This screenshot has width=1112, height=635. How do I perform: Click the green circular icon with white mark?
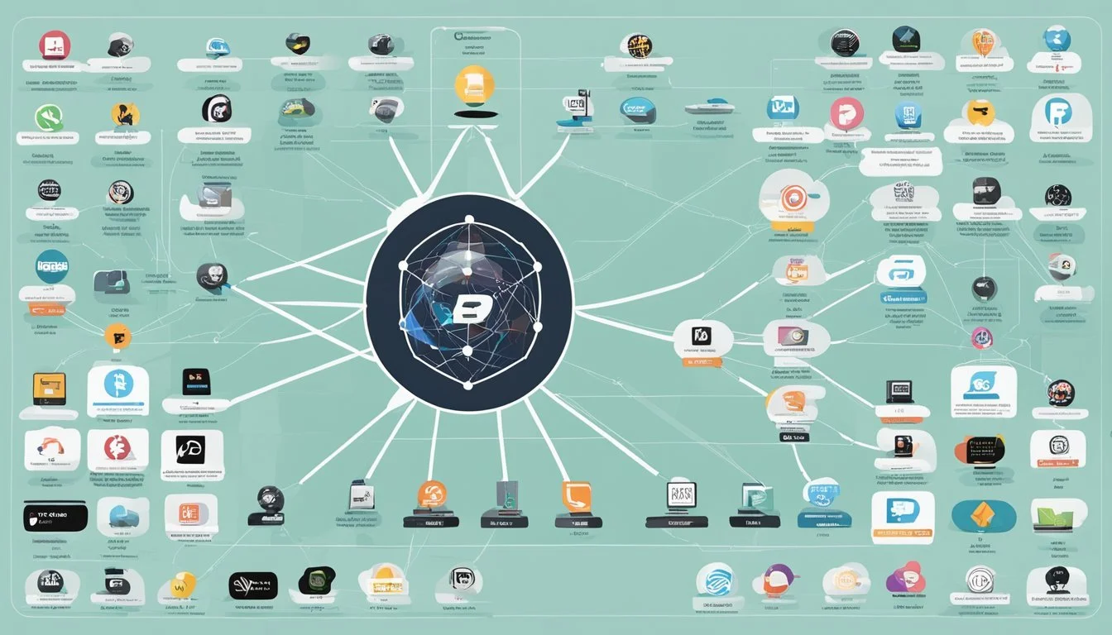49,118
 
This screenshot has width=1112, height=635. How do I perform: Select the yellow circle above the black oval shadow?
474,85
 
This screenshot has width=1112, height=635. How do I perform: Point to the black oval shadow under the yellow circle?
474,114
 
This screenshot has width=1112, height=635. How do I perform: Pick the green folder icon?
1058,514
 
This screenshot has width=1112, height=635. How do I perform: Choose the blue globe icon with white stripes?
714,579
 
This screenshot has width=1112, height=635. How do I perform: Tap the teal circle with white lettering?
52,266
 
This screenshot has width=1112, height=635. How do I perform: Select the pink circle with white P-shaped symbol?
846,113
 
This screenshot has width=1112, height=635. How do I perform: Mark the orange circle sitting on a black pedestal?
432,494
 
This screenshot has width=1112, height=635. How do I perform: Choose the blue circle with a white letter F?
1057,113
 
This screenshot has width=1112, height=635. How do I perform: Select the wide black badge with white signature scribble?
252,585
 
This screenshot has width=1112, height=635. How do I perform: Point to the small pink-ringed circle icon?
982,337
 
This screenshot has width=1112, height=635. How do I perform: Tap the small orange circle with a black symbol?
117,336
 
